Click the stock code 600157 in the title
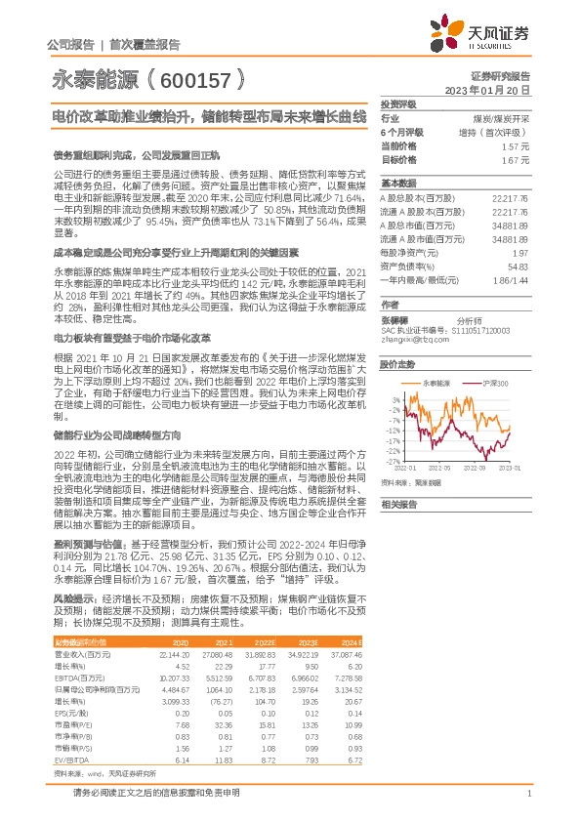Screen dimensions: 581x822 coord(194,75)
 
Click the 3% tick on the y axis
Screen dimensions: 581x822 coord(394,398)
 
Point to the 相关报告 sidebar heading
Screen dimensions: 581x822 coord(398,504)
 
